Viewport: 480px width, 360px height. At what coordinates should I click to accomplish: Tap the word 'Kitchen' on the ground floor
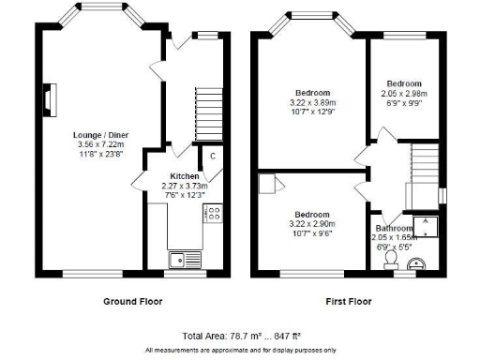click(x=184, y=176)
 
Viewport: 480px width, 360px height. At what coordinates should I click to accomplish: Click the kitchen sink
click(x=179, y=259)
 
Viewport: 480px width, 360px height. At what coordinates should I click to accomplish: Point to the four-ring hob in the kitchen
click(x=212, y=213)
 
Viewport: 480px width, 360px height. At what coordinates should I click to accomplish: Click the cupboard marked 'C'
click(x=214, y=157)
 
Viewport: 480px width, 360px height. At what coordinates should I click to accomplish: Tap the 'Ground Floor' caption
click(x=132, y=302)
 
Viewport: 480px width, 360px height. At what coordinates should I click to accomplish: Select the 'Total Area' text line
click(x=240, y=335)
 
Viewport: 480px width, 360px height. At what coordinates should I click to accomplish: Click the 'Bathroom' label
click(x=395, y=228)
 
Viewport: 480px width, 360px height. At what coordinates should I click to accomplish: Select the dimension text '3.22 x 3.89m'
click(x=313, y=102)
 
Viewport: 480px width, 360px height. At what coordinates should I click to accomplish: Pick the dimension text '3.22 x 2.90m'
click(x=313, y=224)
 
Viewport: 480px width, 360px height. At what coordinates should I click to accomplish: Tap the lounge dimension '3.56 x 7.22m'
click(x=101, y=145)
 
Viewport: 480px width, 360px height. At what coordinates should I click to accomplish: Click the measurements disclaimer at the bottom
click(x=240, y=350)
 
